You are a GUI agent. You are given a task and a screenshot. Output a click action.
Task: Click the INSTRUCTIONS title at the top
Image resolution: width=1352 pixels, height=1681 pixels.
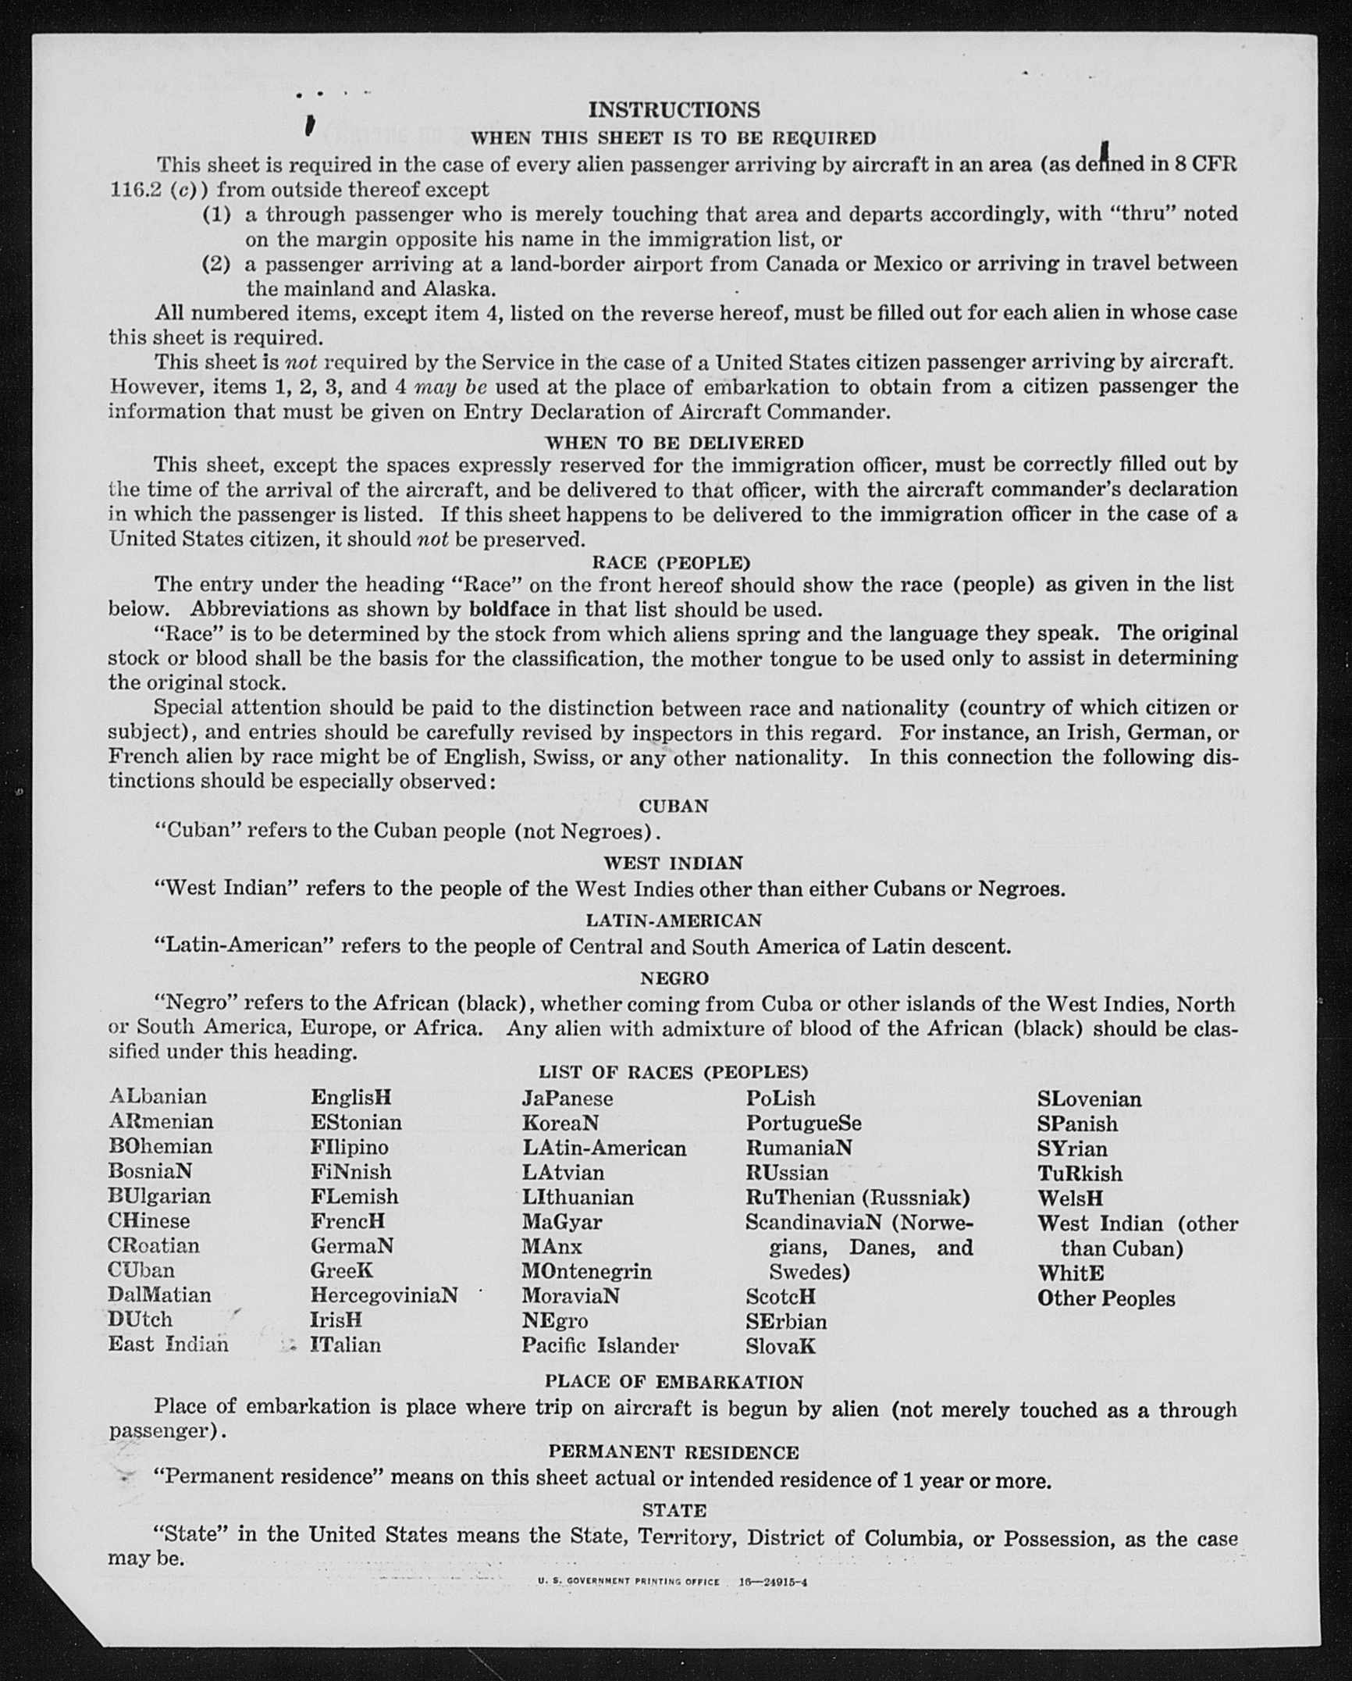(674, 109)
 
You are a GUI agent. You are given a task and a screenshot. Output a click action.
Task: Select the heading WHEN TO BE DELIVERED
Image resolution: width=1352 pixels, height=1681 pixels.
(674, 443)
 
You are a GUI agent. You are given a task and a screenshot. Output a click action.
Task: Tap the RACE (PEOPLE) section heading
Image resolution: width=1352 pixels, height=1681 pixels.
(671, 562)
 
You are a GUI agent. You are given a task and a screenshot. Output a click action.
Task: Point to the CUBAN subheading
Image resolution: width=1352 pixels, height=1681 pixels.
(673, 806)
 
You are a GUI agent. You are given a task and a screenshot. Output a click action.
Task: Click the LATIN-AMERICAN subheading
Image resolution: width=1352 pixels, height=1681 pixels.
(673, 921)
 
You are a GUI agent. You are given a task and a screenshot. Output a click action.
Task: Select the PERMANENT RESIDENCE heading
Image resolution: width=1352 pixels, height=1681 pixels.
(673, 1452)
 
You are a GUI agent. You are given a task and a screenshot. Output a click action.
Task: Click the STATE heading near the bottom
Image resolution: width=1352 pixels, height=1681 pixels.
(674, 1510)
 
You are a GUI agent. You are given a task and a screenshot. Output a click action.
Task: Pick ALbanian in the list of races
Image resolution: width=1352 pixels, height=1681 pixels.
(158, 1096)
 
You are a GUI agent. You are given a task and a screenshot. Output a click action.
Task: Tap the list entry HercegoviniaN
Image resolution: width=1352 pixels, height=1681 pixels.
(383, 1295)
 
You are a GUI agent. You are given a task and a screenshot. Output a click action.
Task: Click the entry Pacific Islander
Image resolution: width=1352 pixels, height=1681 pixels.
(600, 1345)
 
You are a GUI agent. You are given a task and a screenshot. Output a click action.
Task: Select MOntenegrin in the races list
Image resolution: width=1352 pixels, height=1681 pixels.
(586, 1271)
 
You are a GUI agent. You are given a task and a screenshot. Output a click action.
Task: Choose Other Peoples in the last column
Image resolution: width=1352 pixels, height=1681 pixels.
(1105, 1298)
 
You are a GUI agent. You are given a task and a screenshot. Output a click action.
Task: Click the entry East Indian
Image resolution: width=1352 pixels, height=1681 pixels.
(168, 1344)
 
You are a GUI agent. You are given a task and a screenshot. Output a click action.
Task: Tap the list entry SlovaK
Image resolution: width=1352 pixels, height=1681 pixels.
(780, 1345)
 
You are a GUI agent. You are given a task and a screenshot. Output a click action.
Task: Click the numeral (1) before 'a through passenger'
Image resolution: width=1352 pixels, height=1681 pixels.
(216, 214)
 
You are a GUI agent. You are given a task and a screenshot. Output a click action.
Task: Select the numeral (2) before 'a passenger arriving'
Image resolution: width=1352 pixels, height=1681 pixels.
(216, 264)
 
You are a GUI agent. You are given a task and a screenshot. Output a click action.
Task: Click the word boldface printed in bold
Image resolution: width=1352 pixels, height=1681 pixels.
(509, 609)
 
